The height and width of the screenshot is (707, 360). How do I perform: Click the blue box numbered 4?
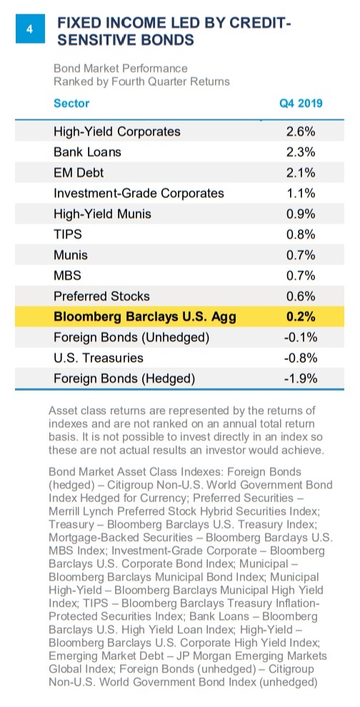click(30, 29)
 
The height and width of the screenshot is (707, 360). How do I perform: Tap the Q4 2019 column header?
click(301, 104)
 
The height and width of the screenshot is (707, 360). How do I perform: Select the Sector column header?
click(71, 104)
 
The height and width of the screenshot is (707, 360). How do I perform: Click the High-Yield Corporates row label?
click(117, 131)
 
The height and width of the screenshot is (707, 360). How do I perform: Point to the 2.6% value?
click(301, 131)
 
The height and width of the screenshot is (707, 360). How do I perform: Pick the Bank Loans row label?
click(87, 152)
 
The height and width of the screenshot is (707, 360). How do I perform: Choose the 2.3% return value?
click(301, 152)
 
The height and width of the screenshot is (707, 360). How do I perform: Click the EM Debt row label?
click(79, 173)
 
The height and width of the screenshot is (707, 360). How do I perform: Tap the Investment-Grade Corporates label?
click(139, 194)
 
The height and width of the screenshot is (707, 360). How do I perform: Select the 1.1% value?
click(301, 194)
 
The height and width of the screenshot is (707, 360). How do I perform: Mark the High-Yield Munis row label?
click(102, 214)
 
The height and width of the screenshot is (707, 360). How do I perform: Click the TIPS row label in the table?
click(68, 234)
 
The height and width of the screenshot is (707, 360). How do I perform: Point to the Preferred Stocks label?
click(101, 296)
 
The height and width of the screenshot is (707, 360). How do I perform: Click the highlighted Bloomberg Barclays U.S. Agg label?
click(144, 316)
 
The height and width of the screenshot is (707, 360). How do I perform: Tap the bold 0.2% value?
click(301, 316)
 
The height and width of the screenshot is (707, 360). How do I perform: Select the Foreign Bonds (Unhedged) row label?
click(131, 337)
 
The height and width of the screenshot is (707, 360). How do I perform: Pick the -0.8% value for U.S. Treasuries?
click(301, 358)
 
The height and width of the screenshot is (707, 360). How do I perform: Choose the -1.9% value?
click(301, 378)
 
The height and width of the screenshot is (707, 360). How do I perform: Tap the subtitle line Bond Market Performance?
click(121, 69)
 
